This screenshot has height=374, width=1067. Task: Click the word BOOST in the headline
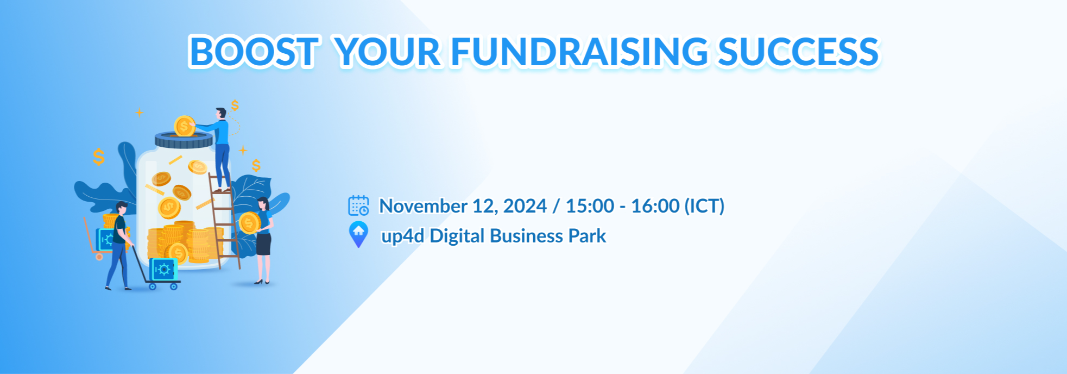253,52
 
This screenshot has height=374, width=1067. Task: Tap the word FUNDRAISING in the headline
579,52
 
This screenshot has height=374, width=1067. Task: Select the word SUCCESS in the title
798,52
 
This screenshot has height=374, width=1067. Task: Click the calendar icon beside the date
358,206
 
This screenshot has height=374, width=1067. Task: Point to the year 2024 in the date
525,206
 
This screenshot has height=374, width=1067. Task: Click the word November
423,206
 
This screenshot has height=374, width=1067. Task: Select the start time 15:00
590,206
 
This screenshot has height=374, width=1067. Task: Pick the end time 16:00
655,206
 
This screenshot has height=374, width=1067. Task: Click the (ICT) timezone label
704,207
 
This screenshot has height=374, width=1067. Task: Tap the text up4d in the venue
403,236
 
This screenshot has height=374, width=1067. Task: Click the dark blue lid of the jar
184,140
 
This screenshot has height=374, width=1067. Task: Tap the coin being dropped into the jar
185,126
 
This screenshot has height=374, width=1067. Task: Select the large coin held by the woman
249,223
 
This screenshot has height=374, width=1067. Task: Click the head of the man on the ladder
220,114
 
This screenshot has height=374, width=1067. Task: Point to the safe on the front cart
163,270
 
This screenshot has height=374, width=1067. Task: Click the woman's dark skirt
263,243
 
